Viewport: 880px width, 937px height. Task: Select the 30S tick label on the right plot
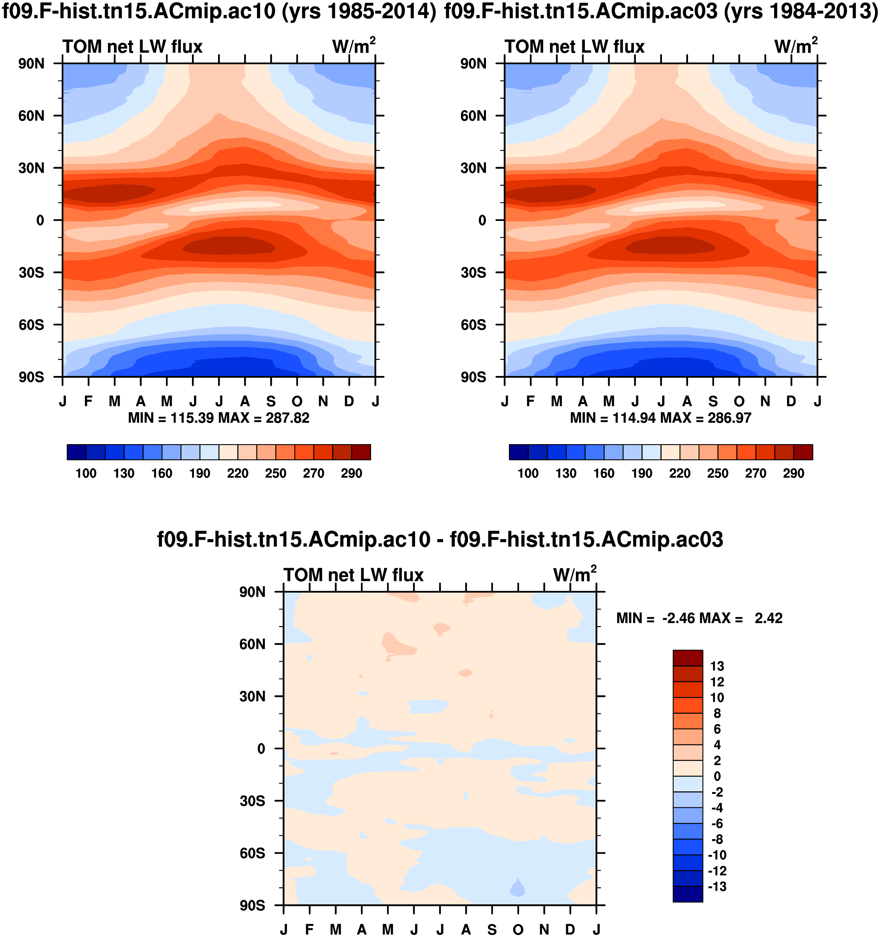click(x=473, y=273)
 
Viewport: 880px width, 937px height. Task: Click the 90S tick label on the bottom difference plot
click(x=252, y=905)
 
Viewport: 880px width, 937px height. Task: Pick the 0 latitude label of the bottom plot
click(x=261, y=749)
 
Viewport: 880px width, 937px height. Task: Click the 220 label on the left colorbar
click(x=238, y=473)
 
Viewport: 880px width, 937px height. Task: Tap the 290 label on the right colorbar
click(x=793, y=473)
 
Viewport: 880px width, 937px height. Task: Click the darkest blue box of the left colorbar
click(x=77, y=452)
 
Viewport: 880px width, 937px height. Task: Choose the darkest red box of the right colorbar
click(x=803, y=452)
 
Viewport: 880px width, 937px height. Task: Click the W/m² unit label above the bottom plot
click(x=574, y=575)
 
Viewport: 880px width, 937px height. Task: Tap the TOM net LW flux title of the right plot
click(x=574, y=47)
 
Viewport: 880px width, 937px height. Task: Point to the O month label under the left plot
click(x=297, y=402)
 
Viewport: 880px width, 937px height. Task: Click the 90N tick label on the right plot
click(x=473, y=64)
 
